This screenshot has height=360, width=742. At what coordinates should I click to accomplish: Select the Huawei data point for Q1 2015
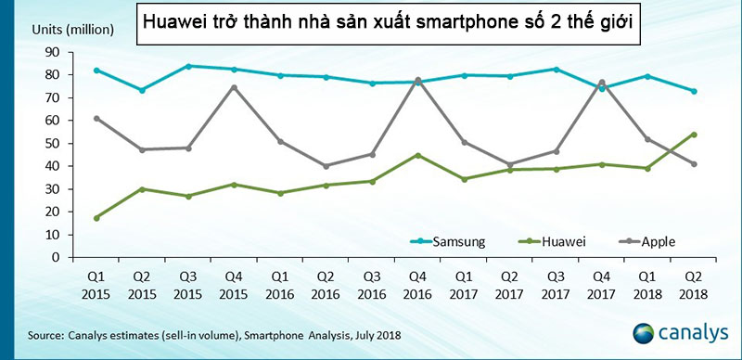(x=97, y=218)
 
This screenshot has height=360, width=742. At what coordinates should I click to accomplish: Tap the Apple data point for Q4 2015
(x=235, y=87)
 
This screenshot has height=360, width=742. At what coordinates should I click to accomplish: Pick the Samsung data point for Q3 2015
(x=189, y=66)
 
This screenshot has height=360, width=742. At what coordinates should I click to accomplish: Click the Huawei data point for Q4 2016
(x=418, y=155)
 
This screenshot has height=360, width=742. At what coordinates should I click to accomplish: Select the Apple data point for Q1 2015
(x=97, y=118)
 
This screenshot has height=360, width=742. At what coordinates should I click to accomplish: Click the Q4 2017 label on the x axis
(x=602, y=285)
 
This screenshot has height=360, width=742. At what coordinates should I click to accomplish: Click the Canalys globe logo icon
(x=646, y=333)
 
